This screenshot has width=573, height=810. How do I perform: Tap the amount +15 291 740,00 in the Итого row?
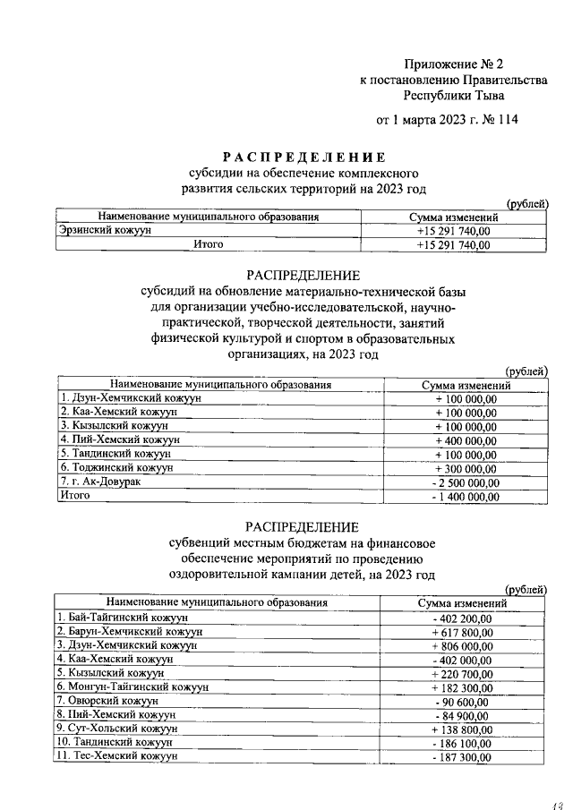[453, 244]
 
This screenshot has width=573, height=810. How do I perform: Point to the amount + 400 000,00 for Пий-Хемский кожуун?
[466, 440]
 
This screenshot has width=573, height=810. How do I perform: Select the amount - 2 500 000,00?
[466, 482]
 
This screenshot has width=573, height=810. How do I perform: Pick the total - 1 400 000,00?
[466, 495]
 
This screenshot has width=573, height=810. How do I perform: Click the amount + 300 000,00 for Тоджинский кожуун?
[466, 468]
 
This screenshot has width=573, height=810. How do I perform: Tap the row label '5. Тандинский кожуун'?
[115, 454]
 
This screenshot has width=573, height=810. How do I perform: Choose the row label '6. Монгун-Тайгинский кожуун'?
[133, 686]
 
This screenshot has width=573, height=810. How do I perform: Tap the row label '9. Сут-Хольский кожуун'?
[117, 729]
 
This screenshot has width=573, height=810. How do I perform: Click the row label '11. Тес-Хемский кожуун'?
[116, 756]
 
